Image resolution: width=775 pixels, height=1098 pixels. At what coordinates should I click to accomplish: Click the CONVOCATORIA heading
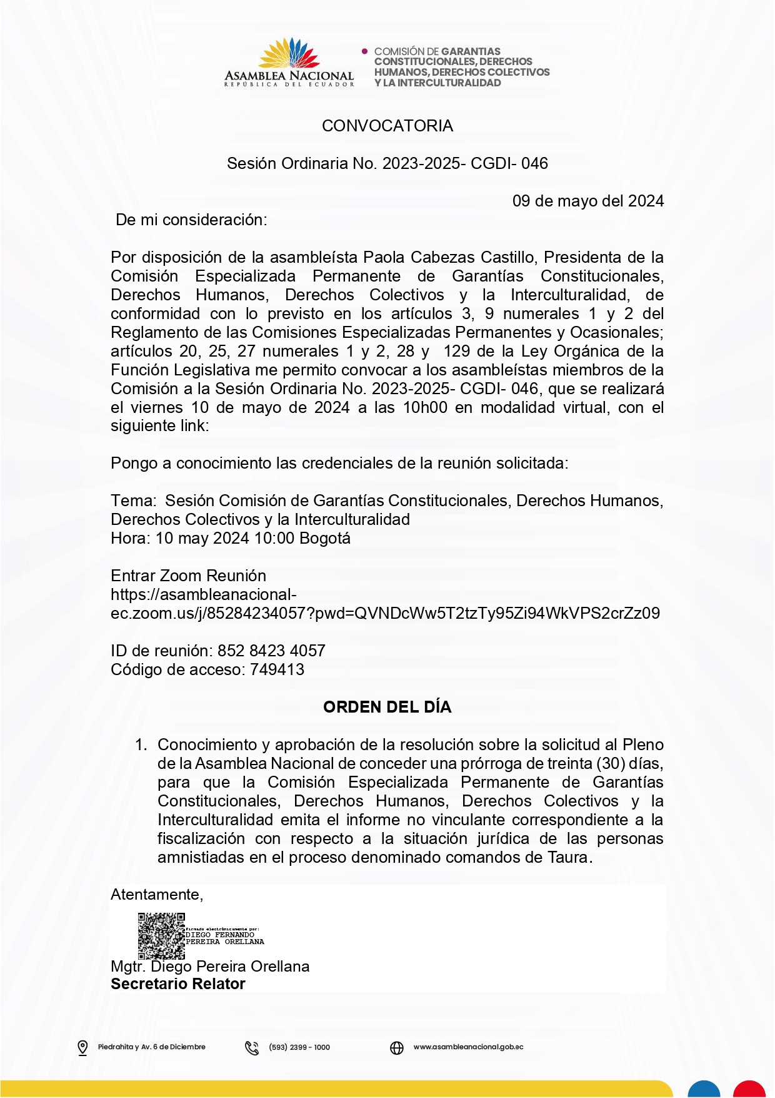pyautogui.click(x=387, y=126)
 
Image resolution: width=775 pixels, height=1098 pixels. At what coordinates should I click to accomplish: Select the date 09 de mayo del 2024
pyautogui.click(x=587, y=201)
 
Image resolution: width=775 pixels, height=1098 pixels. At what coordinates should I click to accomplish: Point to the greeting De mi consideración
pyautogui.click(x=192, y=220)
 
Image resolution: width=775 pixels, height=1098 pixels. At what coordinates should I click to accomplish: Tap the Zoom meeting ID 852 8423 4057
pyautogui.click(x=271, y=651)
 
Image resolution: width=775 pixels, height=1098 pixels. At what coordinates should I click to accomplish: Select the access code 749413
pyautogui.click(x=277, y=669)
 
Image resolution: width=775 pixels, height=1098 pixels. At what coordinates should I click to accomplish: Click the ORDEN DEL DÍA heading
pyautogui.click(x=387, y=707)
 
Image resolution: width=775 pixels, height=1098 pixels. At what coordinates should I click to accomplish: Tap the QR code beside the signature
pyautogui.click(x=161, y=936)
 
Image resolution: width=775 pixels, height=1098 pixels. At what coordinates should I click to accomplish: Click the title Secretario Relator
pyautogui.click(x=178, y=984)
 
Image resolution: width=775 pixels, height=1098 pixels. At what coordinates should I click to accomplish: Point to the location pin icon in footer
pyautogui.click(x=82, y=1047)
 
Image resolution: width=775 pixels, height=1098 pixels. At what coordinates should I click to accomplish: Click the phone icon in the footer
pyautogui.click(x=252, y=1047)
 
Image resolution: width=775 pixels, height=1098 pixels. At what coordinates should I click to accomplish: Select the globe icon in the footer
pyautogui.click(x=397, y=1047)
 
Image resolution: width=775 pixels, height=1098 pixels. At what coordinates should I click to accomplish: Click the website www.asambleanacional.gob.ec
pyautogui.click(x=468, y=1047)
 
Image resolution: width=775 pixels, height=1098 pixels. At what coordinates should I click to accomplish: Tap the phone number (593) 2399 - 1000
pyautogui.click(x=299, y=1047)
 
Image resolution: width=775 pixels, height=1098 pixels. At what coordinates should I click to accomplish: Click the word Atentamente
pyautogui.click(x=156, y=895)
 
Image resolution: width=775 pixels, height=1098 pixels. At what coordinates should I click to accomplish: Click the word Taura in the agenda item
pyautogui.click(x=568, y=857)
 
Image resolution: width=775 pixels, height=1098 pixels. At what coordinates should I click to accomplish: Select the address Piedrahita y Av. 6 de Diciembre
pyautogui.click(x=151, y=1047)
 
